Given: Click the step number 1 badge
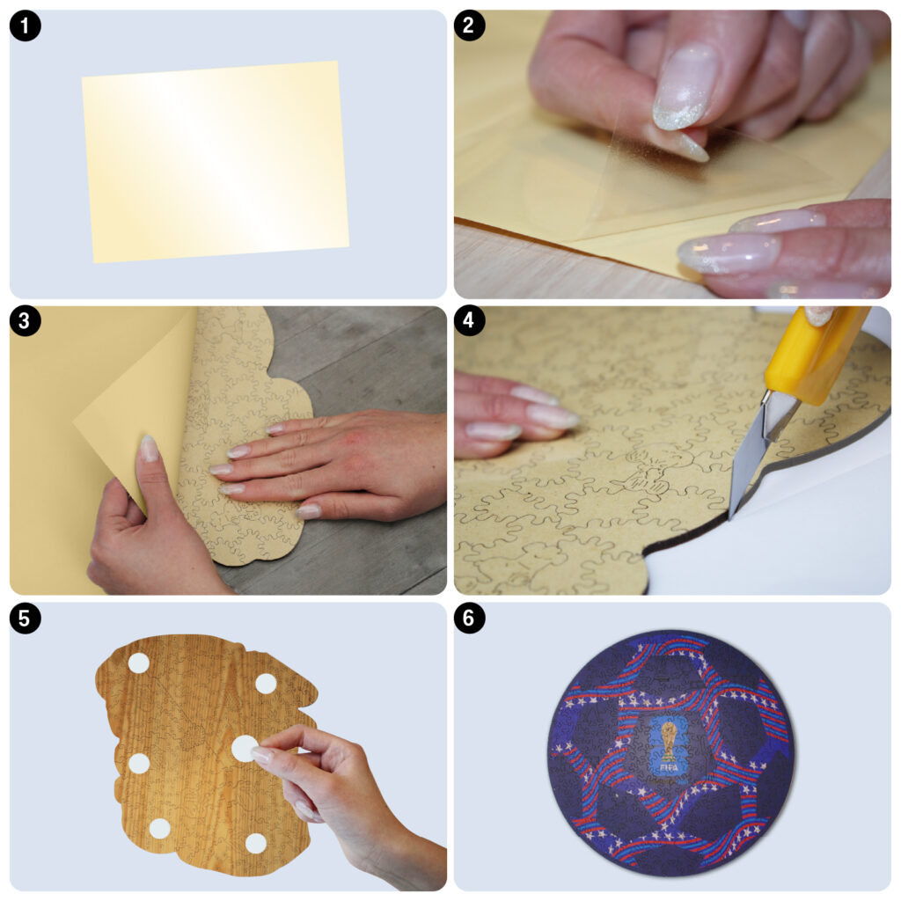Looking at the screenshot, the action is click(x=25, y=26).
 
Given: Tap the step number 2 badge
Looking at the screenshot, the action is click(x=470, y=26).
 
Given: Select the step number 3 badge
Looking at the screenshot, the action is click(x=25, y=321).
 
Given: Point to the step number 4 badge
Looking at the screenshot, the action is click(x=470, y=321).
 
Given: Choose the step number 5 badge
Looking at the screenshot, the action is click(x=25, y=619).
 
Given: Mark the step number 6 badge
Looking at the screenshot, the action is click(x=470, y=619).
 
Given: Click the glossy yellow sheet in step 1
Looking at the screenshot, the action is click(x=216, y=162).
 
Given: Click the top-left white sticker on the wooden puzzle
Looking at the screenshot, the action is click(x=138, y=663).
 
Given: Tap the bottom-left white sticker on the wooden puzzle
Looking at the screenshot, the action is click(x=160, y=829).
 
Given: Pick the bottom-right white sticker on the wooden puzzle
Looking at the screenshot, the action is click(x=256, y=844).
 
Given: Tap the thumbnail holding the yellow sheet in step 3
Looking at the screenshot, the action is click(x=149, y=449).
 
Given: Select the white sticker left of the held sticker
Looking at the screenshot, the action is click(x=138, y=764).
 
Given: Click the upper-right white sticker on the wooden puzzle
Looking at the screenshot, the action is click(x=266, y=684).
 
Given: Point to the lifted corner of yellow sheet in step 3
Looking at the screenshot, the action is click(x=77, y=423).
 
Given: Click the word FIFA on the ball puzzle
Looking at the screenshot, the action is click(x=669, y=767).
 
